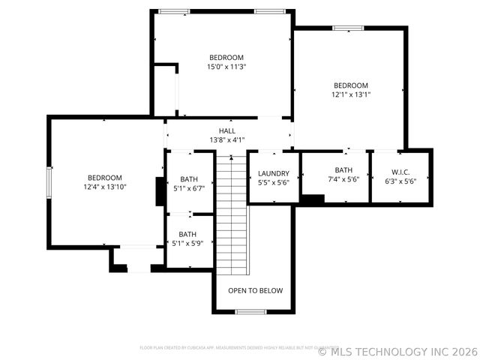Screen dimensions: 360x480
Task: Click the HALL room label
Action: [x=226, y=130]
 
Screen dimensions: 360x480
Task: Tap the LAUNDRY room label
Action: [x=273, y=173]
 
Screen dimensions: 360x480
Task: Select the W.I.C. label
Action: [x=400, y=171]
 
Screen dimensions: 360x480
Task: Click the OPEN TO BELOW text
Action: [x=256, y=290]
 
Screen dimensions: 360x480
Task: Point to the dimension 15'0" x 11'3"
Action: [x=226, y=67]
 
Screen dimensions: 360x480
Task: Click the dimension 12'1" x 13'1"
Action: [x=351, y=94]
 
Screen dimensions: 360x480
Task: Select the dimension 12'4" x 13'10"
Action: [x=104, y=187]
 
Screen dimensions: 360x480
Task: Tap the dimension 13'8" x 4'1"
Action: [x=226, y=139]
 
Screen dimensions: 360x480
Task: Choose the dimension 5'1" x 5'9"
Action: [x=187, y=243]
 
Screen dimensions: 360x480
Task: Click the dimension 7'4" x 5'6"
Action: [x=344, y=180]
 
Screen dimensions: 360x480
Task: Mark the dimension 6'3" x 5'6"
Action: [x=400, y=181]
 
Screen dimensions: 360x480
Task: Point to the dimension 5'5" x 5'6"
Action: [x=273, y=182]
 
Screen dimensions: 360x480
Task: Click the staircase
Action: [x=232, y=214]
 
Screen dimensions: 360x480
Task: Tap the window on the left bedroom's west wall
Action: [x=49, y=181]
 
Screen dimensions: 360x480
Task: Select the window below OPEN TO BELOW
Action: [x=250, y=311]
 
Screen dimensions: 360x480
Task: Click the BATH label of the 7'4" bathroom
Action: [x=344, y=170]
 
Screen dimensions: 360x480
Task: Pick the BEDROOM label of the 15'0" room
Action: [x=226, y=58]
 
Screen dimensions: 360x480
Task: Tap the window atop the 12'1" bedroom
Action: [x=349, y=28]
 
